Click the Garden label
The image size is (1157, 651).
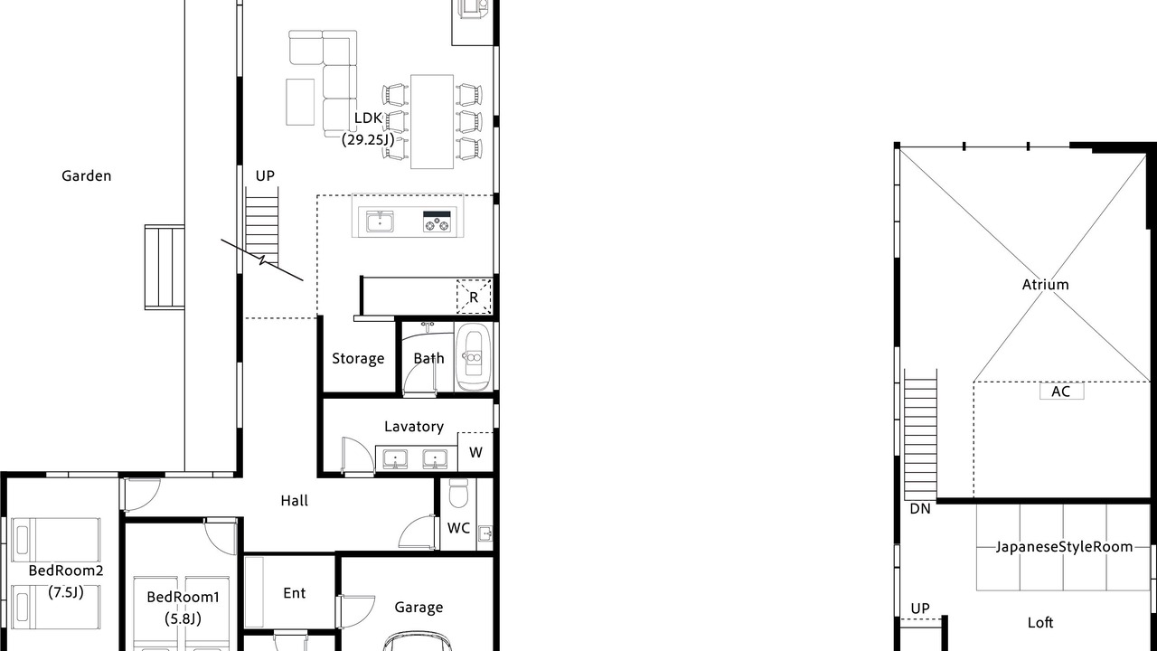click(86, 176)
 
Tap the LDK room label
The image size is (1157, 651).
click(368, 118)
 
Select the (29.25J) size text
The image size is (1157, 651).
click(368, 139)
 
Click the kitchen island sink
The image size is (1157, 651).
click(380, 222)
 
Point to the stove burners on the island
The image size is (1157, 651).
click(437, 222)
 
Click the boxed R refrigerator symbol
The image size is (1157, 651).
click(474, 297)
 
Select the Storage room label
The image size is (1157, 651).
click(358, 359)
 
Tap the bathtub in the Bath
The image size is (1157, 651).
click(472, 357)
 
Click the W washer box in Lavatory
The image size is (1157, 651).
click(475, 452)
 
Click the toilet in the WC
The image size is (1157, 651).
click(458, 493)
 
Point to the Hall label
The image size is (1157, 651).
click(295, 501)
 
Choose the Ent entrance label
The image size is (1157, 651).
click(295, 593)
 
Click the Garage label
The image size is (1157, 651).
click(419, 608)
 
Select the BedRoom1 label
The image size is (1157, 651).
click(183, 598)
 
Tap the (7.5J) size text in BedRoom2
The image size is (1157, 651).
click(66, 592)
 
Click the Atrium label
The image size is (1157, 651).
click(1046, 285)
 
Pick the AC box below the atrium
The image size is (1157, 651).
click(1061, 392)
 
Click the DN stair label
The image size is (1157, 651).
click(920, 509)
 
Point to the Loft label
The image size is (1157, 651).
click(1040, 623)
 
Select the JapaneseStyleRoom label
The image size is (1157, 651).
click(1064, 547)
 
